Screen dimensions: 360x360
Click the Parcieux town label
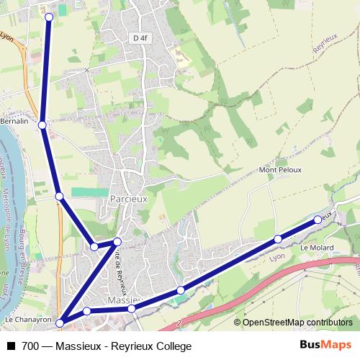coord(129,196)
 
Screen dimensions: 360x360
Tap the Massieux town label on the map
coord(122,299)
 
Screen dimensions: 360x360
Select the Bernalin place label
coord(14,122)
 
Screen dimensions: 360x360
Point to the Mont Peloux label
coord(280,170)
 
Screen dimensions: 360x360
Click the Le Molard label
coord(314,248)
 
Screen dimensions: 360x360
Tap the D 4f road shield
coord(140,37)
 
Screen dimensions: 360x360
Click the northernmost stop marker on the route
coord(49,17)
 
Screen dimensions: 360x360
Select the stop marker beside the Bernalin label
coord(42,125)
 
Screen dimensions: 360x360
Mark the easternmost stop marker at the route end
coord(318,220)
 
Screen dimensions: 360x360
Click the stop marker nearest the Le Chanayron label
coord(60,323)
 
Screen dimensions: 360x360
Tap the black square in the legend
coord(10,346)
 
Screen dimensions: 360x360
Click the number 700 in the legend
coord(30,346)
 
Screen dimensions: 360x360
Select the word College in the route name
coord(173,346)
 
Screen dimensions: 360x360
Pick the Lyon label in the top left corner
coord(7,36)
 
